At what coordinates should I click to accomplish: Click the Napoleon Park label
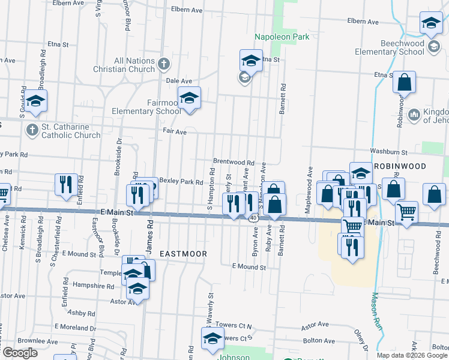(x=281, y=37)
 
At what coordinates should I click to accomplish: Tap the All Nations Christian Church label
(x=124, y=65)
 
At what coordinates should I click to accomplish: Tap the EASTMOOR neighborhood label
(x=184, y=254)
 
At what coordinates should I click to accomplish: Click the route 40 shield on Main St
(x=254, y=218)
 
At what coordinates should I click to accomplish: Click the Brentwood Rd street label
(x=234, y=162)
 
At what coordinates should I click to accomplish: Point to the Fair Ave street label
(x=175, y=131)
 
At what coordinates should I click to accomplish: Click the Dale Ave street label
(x=178, y=81)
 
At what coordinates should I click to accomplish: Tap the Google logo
(x=20, y=353)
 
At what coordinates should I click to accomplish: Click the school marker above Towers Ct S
(x=212, y=338)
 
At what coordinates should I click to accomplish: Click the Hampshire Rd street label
(x=93, y=286)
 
